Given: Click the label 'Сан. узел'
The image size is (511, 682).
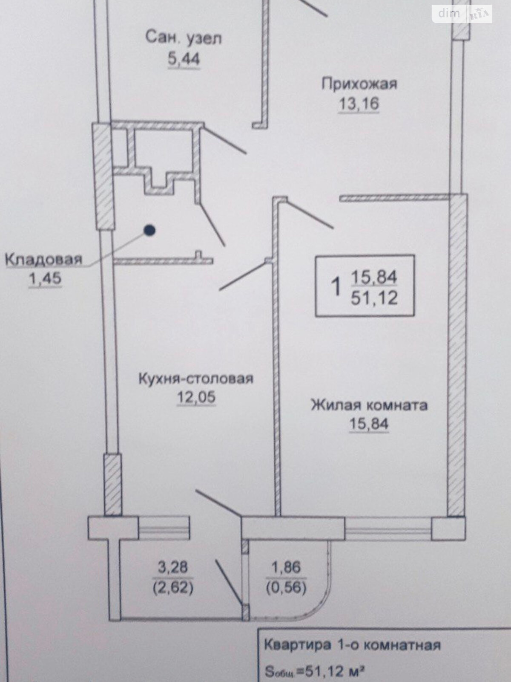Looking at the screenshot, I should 184,38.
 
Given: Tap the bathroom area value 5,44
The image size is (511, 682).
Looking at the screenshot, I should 184,59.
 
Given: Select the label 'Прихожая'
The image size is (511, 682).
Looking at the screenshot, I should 359,84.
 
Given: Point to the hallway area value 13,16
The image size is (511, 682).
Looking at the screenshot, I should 359,104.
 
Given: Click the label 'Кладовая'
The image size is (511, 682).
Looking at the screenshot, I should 43,260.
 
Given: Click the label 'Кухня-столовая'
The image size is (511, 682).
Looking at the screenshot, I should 196,379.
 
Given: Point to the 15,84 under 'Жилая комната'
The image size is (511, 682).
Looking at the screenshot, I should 369,424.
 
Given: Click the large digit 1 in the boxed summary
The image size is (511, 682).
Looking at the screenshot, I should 336,286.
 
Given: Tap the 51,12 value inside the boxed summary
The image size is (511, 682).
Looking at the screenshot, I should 374,297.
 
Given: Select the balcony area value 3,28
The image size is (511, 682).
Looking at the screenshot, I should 172,567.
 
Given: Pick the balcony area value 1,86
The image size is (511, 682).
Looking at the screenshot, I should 286,567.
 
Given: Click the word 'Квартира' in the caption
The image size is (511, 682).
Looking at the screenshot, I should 297,645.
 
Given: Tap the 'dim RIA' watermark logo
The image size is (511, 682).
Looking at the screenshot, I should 462,14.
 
